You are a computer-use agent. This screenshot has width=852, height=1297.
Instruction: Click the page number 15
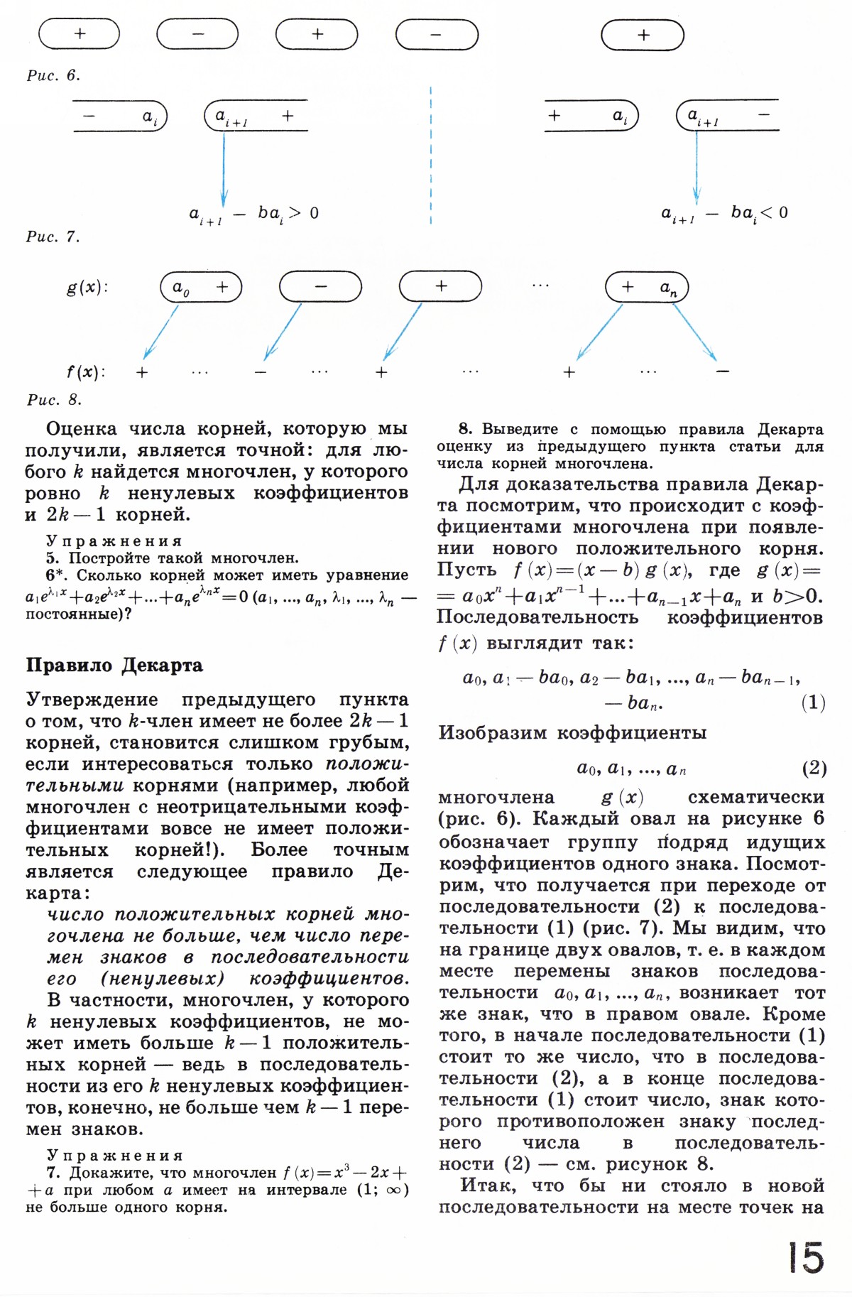point(805,1257)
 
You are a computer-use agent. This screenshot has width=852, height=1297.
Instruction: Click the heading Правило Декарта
point(114,665)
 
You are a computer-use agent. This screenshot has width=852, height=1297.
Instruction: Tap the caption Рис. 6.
point(53,75)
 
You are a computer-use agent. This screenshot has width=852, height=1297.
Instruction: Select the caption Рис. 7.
point(53,237)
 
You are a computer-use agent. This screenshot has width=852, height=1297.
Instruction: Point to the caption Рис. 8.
point(54,399)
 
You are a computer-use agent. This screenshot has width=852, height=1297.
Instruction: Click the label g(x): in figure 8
point(87,288)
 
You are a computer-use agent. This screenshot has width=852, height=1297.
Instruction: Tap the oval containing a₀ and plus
point(201,287)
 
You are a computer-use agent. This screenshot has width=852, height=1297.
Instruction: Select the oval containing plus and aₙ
point(646,288)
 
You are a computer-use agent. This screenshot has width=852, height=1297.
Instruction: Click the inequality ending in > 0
point(253,213)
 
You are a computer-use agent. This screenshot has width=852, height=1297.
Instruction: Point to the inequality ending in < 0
point(724,213)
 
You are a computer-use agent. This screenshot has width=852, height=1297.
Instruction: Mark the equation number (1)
point(813,703)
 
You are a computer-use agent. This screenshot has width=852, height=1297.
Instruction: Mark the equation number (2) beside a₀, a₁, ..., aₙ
point(814,768)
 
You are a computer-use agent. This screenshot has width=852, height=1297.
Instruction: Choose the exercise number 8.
point(465,429)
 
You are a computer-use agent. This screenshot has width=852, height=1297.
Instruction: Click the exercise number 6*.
point(55,575)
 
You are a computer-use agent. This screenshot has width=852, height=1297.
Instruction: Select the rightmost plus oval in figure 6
point(643,35)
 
